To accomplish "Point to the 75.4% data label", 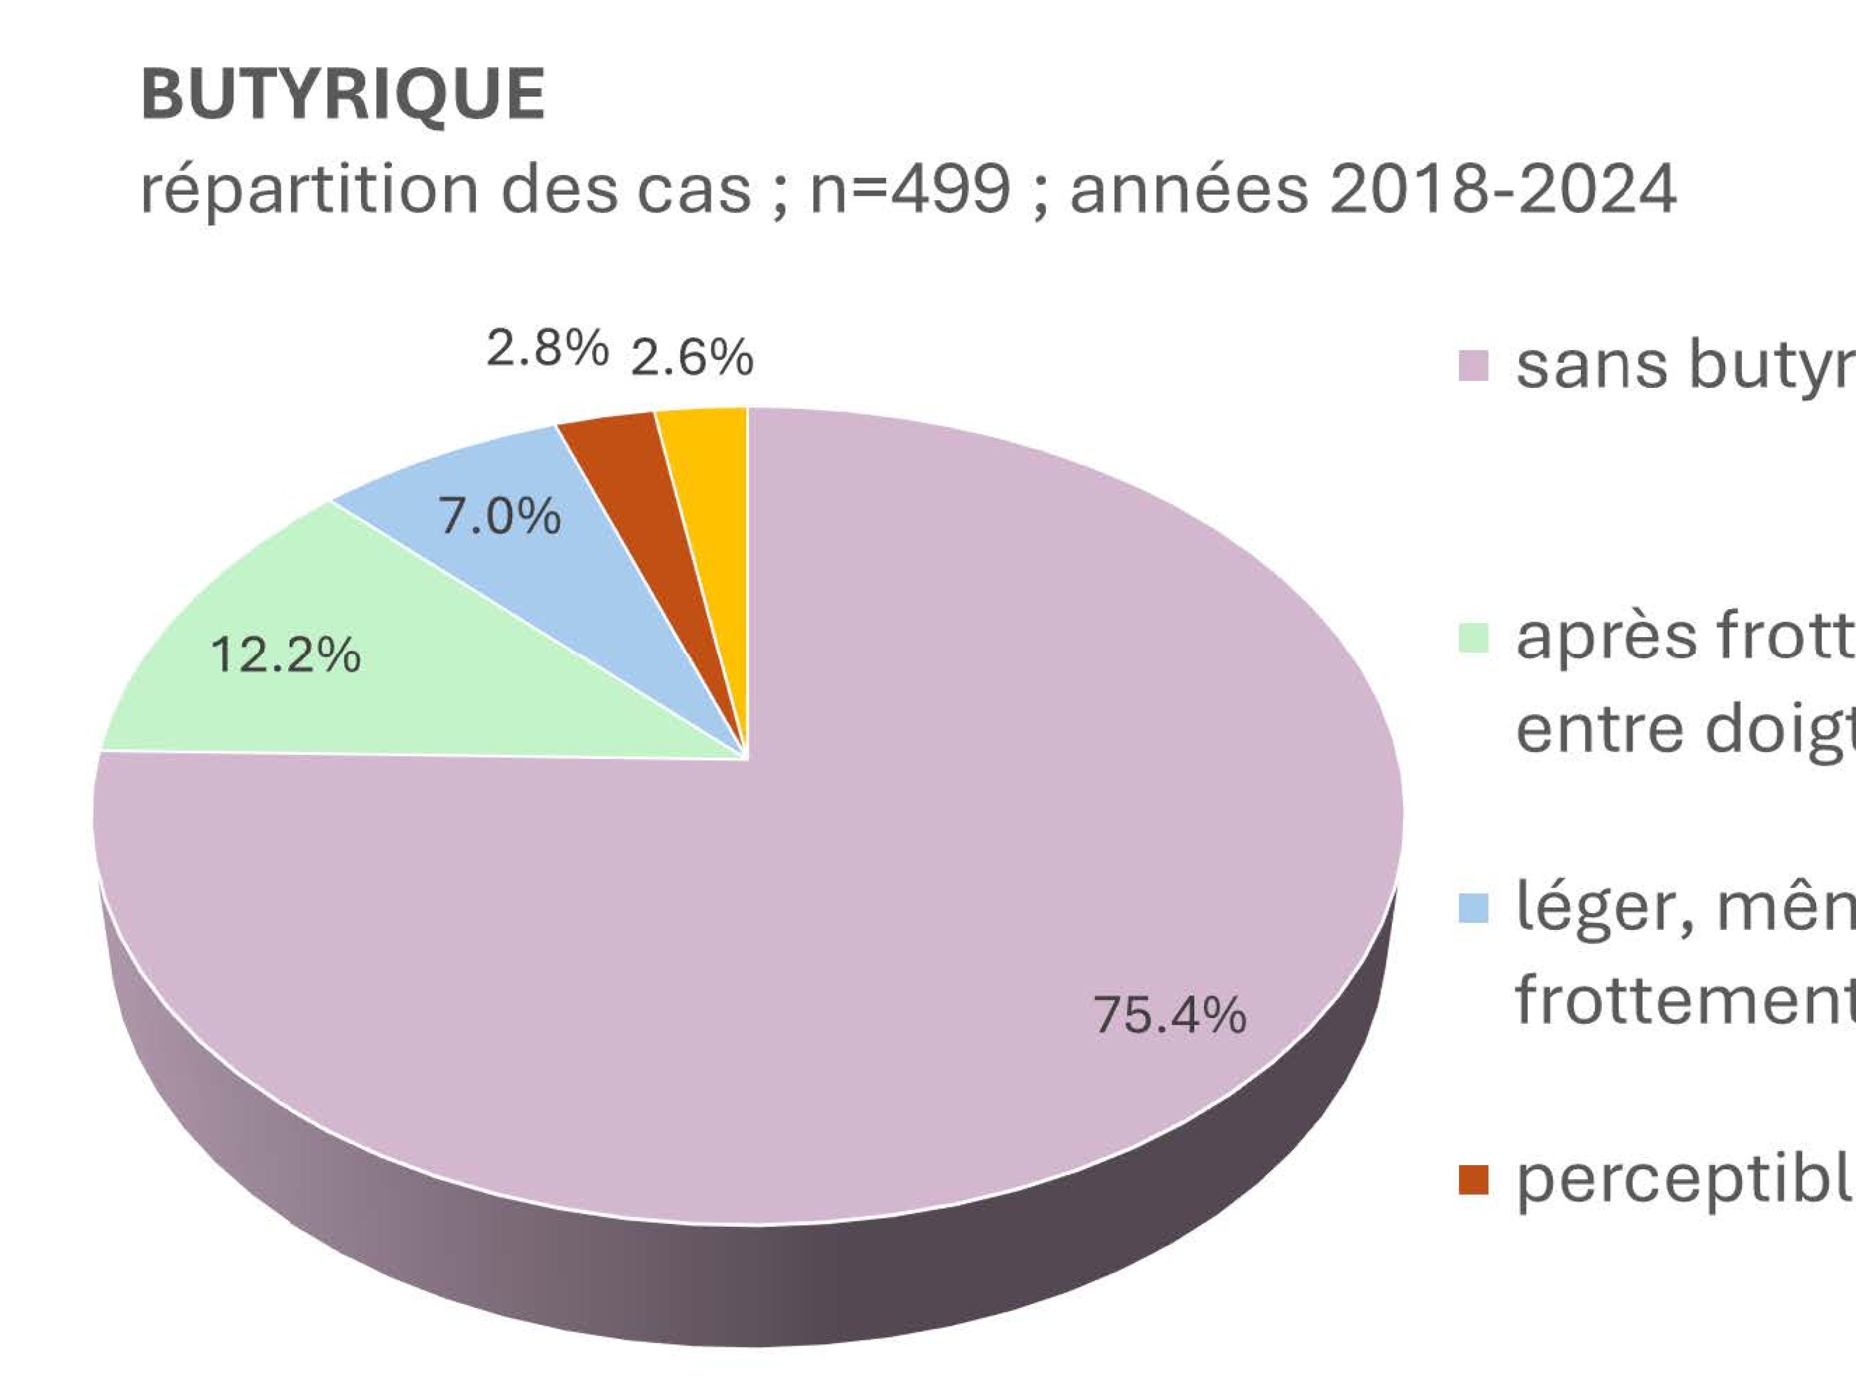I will pos(1170,1015).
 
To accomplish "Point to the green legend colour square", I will pos(1473,638).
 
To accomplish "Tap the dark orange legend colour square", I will pos(1473,1179).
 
